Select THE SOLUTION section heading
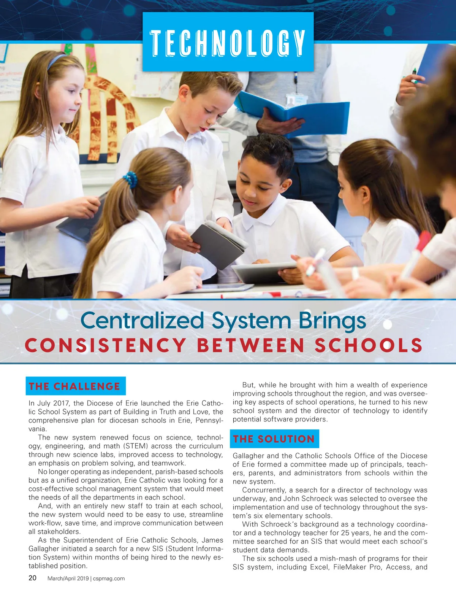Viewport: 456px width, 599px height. click(x=274, y=439)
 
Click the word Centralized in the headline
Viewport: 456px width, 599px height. click(x=142, y=320)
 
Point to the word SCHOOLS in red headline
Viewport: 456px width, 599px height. click(x=369, y=345)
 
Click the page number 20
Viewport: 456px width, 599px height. click(x=33, y=578)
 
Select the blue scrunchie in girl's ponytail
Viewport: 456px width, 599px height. click(x=130, y=179)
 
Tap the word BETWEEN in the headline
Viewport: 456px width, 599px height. click(x=250, y=345)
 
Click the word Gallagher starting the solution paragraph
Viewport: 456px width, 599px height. click(x=250, y=456)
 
